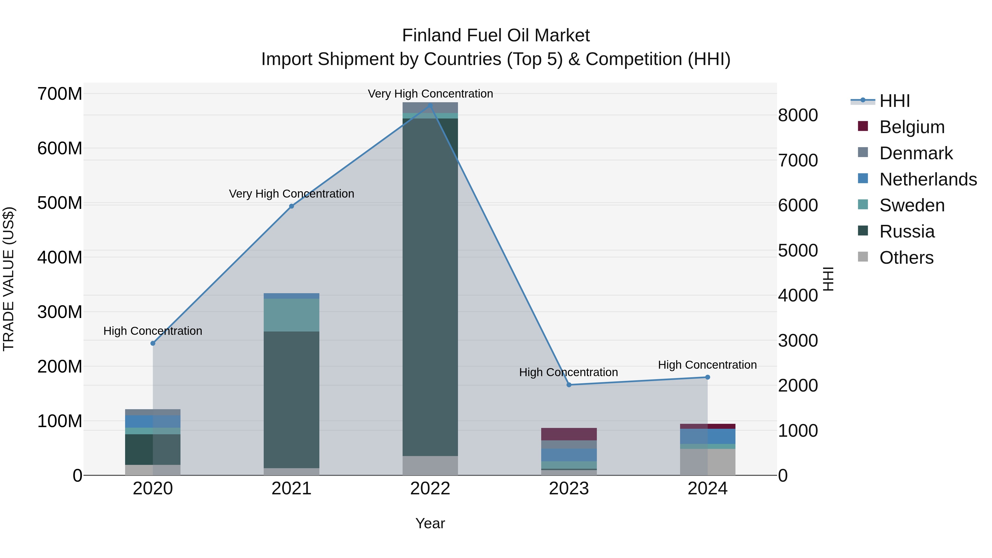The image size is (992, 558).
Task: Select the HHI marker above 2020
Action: pyautogui.click(x=153, y=343)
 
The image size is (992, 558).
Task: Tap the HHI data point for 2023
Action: pyautogui.click(x=569, y=385)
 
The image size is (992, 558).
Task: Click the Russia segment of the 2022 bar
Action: pyautogui.click(x=430, y=287)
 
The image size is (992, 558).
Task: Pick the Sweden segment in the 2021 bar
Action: pyautogui.click(x=292, y=315)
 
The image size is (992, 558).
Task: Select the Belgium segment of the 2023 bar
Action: pyautogui.click(x=569, y=434)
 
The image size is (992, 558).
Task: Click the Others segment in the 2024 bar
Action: pyautogui.click(x=707, y=462)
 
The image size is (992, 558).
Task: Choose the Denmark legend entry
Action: pyautogui.click(x=916, y=153)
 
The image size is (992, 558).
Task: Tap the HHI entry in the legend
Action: pyautogui.click(x=894, y=101)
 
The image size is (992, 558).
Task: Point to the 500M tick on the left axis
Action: pyautogui.click(x=60, y=203)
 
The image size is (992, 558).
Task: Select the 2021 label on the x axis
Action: pyautogui.click(x=292, y=489)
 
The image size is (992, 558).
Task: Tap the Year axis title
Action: pyautogui.click(x=430, y=523)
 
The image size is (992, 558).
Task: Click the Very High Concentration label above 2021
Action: pyautogui.click(x=292, y=194)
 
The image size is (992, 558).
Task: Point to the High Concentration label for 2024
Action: pyautogui.click(x=707, y=365)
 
